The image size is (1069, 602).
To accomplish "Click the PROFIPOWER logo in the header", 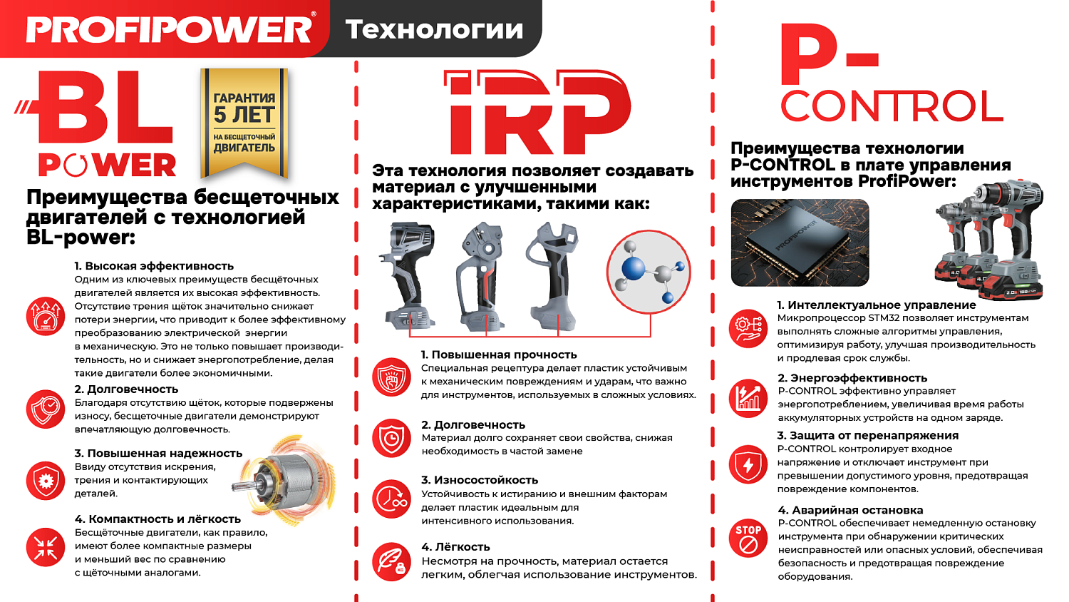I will click(169, 29).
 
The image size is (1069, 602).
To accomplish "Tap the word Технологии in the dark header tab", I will click(434, 29).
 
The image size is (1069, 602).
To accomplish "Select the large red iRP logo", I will click(536, 112).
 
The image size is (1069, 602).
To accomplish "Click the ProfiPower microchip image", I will click(800, 243).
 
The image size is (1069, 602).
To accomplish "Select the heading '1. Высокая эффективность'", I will click(154, 266).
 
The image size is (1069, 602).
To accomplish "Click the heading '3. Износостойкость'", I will click(479, 480).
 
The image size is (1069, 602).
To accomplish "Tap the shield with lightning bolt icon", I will click(748, 464).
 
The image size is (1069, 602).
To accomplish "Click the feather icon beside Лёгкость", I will click(391, 561).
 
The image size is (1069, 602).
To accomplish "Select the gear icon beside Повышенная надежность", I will click(46, 480).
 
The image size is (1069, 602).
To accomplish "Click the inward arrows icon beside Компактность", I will click(46, 547).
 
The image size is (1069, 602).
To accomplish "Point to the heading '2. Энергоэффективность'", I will click(852, 378).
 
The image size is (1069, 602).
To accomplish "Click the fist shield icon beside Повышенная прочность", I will click(391, 377).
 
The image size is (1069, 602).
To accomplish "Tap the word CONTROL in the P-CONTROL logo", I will click(892, 107).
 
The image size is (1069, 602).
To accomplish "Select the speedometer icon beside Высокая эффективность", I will click(46, 316).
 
